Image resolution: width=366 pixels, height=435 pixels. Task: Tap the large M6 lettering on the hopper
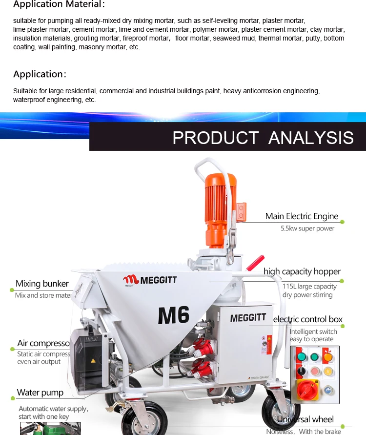[173, 315]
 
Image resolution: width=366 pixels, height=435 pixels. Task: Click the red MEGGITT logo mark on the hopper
[131, 280]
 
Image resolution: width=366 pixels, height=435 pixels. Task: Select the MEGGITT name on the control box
[248, 318]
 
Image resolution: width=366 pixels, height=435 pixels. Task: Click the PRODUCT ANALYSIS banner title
[263, 138]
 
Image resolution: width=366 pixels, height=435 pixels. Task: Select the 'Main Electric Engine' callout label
[302, 216]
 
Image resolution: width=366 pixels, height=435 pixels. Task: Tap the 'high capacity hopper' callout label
[302, 271]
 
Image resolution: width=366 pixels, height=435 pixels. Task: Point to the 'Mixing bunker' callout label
[42, 284]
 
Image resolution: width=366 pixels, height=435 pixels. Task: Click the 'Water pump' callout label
[40, 393]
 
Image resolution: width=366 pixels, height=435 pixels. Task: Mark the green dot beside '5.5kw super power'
[342, 222]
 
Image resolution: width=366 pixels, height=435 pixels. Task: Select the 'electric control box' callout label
[308, 319]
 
